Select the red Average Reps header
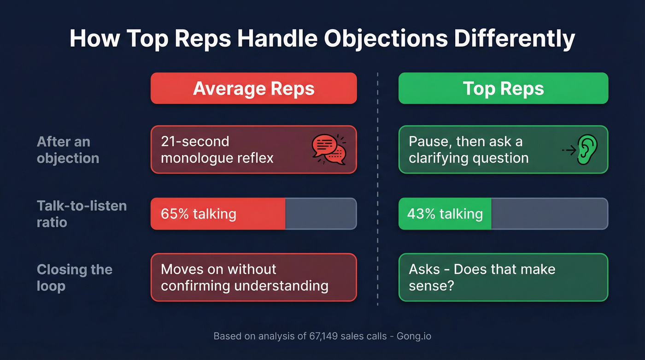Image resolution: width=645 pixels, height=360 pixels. click(253, 88)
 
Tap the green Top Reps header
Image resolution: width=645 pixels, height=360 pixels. click(503, 88)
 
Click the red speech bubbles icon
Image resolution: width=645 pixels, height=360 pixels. click(329, 149)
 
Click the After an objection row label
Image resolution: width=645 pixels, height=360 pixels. click(68, 150)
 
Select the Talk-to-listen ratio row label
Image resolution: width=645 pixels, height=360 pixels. click(82, 213)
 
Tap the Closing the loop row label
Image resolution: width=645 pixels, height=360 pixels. click(74, 277)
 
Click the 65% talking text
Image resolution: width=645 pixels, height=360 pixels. click(198, 214)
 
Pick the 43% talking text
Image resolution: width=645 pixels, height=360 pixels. click(445, 214)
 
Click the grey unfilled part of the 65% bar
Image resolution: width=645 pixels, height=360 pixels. click(321, 214)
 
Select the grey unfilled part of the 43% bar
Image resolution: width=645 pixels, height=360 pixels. click(549, 214)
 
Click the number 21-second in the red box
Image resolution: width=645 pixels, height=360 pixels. click(195, 141)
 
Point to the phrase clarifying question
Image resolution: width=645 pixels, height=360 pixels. click(469, 158)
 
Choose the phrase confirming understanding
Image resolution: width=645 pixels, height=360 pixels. click(245, 286)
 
